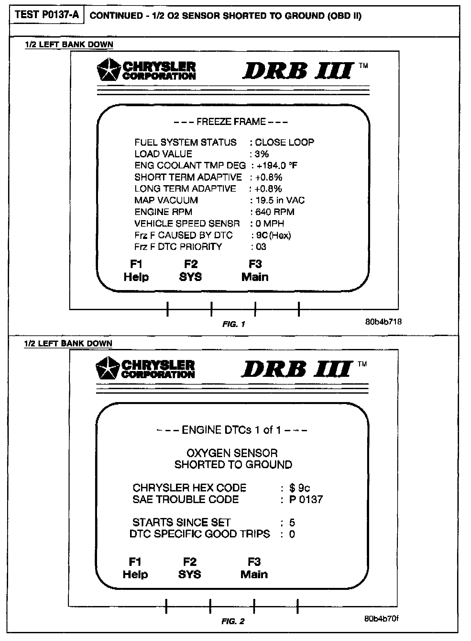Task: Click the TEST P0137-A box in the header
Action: click(x=47, y=15)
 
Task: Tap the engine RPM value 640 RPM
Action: click(x=275, y=212)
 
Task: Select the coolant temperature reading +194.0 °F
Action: click(x=277, y=166)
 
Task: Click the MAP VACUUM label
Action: click(x=166, y=200)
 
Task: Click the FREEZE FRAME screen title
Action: click(x=231, y=122)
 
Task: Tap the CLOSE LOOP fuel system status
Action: click(x=284, y=142)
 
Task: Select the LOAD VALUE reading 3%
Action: click(x=262, y=154)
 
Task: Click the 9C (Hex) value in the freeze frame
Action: click(x=273, y=235)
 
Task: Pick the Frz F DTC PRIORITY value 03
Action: click(x=261, y=247)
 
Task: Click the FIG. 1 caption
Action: click(x=234, y=324)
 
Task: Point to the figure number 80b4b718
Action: click(x=383, y=322)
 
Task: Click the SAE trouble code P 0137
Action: click(x=306, y=500)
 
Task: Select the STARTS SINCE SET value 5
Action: click(x=292, y=523)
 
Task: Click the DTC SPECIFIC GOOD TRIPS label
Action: click(x=200, y=534)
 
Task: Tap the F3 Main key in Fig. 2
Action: click(x=254, y=568)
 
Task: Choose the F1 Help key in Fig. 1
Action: click(x=136, y=271)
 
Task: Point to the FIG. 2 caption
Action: click(x=233, y=622)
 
